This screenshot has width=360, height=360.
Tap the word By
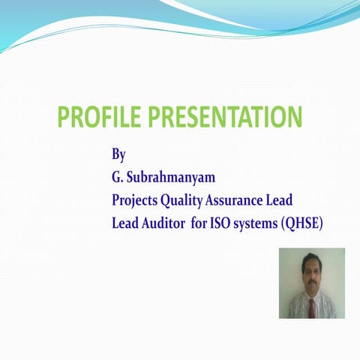point(118,156)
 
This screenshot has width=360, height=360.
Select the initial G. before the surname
point(117,178)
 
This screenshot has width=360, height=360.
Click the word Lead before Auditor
point(125,223)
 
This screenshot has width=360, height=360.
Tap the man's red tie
point(311,307)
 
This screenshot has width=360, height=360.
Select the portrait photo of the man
point(311,283)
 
